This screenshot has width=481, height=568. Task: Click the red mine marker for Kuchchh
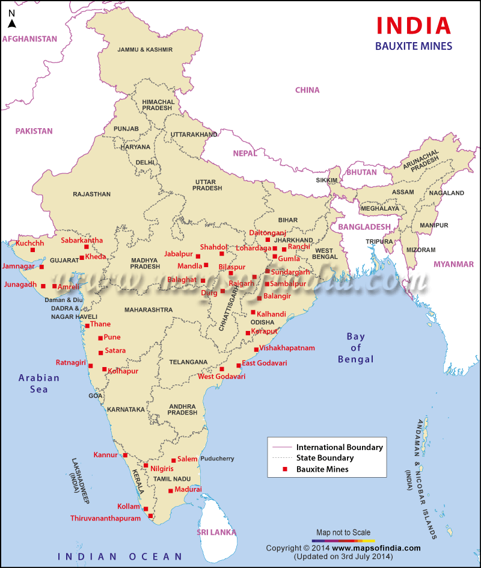coord(33,250)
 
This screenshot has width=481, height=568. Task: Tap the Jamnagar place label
coord(19,266)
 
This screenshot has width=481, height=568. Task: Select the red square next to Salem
coord(173,461)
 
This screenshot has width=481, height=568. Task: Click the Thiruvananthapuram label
coord(105,518)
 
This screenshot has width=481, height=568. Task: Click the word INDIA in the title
coord(413,25)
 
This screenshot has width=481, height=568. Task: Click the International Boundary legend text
coord(339,448)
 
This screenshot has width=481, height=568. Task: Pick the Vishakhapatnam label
coord(287,348)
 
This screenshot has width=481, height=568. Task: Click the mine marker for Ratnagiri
coord(91,365)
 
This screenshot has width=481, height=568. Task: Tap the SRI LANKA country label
coord(215,532)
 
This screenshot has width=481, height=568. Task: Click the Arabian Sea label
coord(39,383)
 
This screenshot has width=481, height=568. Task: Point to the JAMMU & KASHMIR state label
coord(145,49)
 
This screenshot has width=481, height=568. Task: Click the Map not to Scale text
coord(343,532)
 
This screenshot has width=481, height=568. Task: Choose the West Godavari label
coord(221,377)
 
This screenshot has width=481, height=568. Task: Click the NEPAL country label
coord(245,153)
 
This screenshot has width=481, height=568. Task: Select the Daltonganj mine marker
coord(268,240)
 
